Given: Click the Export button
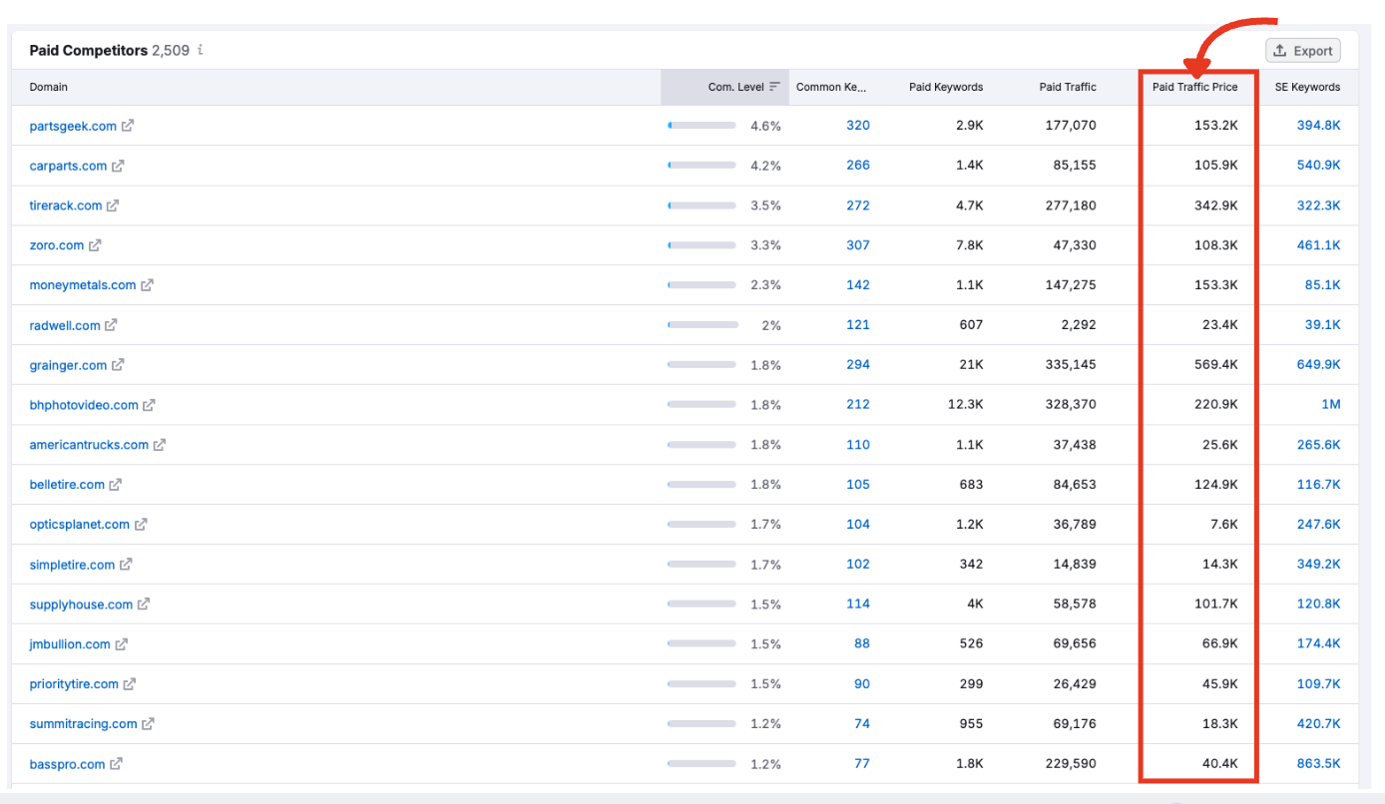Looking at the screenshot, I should pos(1303,51).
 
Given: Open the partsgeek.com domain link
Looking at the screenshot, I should pos(73,126).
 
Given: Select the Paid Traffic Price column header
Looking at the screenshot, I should pos(1194,87).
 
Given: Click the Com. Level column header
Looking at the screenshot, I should pos(735,87).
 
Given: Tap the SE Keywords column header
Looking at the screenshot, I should pos(1307,87).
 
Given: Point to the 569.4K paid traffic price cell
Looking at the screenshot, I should pos(1215,365).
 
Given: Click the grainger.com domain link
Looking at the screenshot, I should pos(68,365).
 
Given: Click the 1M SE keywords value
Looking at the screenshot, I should pos(1330,405).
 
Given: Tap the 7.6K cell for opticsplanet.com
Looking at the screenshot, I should pos(1223,525).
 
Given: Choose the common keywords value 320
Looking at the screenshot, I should pos(857,126).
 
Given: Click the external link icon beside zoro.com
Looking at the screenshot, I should pos(95,245).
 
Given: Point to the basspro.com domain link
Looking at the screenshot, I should pos(67,764).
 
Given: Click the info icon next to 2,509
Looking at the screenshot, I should pos(201,50).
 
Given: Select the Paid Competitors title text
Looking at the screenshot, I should pos(88,50).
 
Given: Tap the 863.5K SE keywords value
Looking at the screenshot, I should pos(1318,764).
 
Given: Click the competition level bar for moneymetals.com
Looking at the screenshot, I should pos(701,285).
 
